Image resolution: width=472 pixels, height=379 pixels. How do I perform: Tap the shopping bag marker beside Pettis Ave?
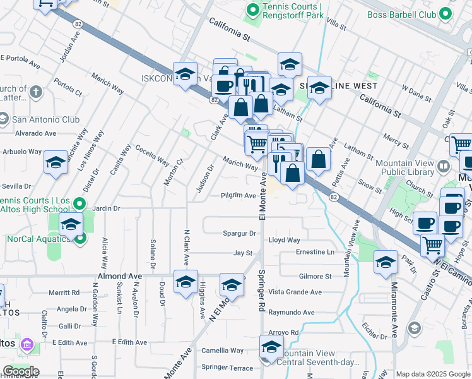(x=319, y=160)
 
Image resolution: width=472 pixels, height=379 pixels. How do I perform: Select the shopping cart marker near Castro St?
(x=432, y=244)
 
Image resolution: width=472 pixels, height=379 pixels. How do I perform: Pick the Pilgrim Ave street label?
(x=238, y=196)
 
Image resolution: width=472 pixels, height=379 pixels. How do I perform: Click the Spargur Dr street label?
(x=239, y=233)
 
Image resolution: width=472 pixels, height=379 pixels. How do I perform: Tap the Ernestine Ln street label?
(x=315, y=252)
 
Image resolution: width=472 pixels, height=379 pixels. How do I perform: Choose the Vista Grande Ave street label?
(x=295, y=292)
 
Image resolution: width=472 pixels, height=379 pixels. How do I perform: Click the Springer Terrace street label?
(x=227, y=367)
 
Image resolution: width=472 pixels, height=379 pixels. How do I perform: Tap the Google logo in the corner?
(x=21, y=371)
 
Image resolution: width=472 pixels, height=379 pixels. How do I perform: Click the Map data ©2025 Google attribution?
(x=433, y=374)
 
